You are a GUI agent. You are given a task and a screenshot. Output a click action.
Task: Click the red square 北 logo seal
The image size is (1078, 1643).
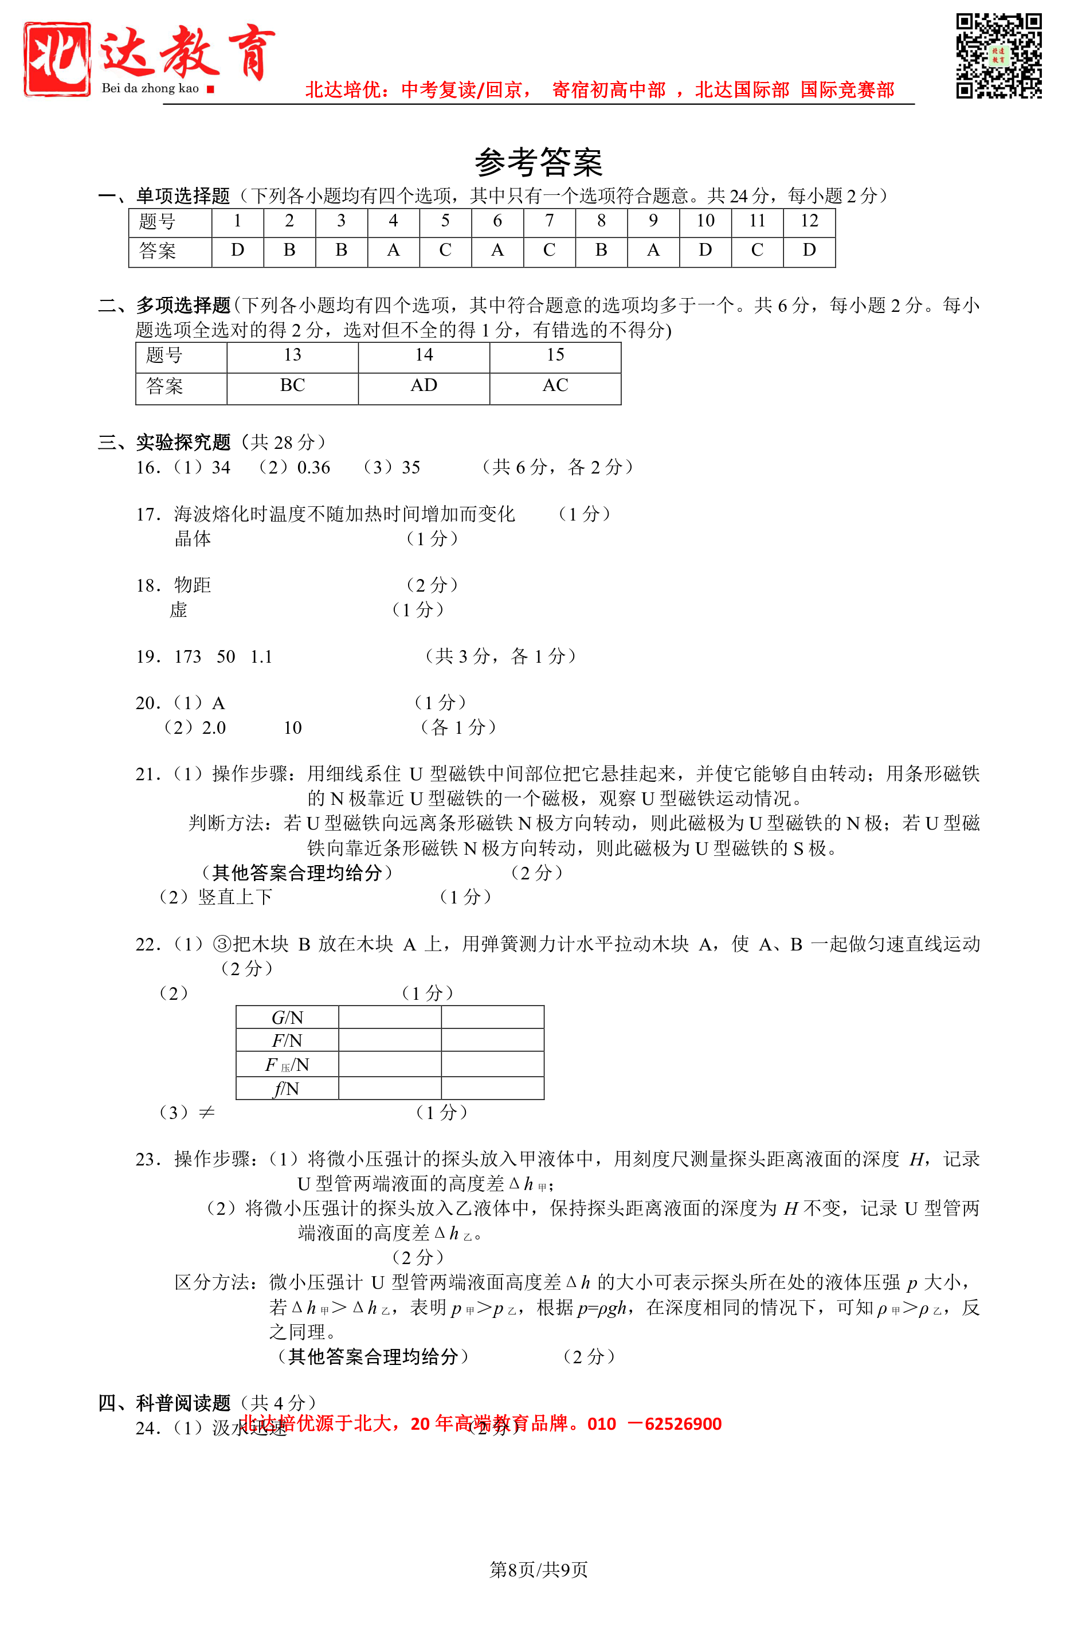click(57, 58)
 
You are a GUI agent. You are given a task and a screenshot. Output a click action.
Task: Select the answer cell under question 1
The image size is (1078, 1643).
click(237, 251)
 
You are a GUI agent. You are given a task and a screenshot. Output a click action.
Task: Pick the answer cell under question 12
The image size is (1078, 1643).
click(809, 251)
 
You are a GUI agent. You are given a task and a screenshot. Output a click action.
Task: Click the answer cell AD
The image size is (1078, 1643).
click(424, 386)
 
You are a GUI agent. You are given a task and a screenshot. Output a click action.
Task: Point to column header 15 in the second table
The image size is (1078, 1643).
click(555, 355)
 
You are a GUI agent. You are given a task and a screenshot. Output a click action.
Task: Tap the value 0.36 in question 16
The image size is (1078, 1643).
click(313, 468)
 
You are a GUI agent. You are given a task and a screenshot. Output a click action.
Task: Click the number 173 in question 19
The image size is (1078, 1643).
click(188, 656)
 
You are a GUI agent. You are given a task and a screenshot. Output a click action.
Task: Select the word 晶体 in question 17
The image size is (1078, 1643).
click(193, 539)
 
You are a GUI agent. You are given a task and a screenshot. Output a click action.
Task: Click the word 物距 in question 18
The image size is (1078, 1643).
click(193, 585)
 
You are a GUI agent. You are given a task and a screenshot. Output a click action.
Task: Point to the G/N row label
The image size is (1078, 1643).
click(287, 1018)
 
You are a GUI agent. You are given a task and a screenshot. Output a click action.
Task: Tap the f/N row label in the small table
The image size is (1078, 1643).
click(287, 1089)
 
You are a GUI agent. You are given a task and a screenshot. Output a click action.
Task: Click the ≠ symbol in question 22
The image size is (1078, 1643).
click(206, 1112)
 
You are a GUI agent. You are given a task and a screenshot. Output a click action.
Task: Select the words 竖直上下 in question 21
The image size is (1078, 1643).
click(236, 897)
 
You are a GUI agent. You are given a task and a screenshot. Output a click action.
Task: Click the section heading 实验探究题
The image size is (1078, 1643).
click(183, 443)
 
